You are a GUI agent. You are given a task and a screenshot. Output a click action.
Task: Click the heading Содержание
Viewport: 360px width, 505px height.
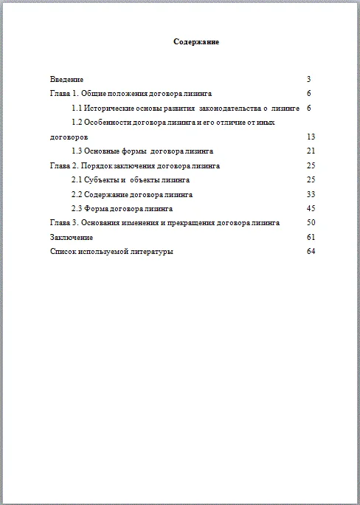click(196, 42)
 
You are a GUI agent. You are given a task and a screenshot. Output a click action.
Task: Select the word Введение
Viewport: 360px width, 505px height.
click(67, 79)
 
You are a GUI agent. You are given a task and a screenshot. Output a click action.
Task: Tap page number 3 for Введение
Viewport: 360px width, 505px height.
click(308, 79)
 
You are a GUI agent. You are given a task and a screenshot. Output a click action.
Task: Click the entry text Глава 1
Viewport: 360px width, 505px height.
click(62, 94)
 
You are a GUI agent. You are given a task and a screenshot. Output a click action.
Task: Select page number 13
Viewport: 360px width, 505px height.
click(310, 137)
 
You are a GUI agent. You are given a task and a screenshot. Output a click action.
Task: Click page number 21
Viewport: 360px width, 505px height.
click(310, 151)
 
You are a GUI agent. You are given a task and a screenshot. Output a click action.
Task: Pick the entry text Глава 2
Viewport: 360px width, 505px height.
click(62, 165)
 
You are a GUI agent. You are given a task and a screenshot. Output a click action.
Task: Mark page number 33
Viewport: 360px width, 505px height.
click(310, 194)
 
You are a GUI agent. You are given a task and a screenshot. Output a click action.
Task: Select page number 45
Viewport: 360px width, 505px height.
click(310, 208)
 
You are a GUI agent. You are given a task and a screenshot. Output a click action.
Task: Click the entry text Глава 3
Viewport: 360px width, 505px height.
click(62, 222)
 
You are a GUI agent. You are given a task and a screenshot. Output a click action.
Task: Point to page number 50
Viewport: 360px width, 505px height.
click(310, 222)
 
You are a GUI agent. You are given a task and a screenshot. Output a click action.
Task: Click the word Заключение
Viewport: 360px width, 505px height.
click(72, 237)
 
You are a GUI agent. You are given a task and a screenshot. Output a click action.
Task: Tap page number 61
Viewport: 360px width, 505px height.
click(310, 237)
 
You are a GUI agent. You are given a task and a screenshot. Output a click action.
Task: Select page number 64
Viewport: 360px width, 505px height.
click(310, 251)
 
